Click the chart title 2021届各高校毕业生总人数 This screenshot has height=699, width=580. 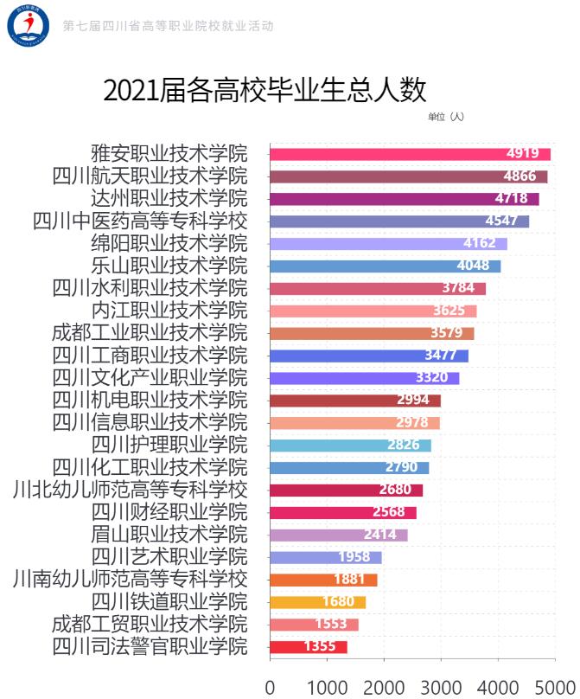coord(265,90)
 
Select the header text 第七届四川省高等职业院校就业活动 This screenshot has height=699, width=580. coord(168,26)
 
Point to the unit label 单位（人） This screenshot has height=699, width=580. coord(446,117)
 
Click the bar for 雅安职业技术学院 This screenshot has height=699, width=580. coord(410,154)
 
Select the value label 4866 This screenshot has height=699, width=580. coord(520,176)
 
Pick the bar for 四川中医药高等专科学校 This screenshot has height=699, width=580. coord(398,221)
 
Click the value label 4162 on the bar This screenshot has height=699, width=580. coord(480,243)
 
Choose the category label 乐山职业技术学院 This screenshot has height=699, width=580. coord(169,266)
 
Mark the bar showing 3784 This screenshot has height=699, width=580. coord(377,288)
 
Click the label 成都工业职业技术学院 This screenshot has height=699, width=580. coord(150,333)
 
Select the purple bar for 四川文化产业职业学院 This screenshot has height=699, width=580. coord(364,378)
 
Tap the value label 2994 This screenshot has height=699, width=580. coord(413,400)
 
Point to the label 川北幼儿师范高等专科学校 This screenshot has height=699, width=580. coord(131,490)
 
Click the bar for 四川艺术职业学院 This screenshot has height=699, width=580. coord(325,557)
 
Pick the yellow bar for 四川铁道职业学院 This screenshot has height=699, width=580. coord(317,602)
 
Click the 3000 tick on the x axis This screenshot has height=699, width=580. coord(441,688)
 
